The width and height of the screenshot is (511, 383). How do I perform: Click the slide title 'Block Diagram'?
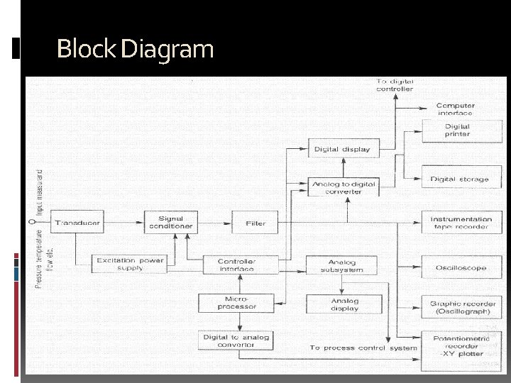(x=135, y=50)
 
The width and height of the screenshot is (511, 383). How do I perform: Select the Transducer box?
(x=78, y=223)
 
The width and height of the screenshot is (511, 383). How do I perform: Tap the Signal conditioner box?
(x=170, y=222)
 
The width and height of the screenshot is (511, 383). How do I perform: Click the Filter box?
(x=255, y=223)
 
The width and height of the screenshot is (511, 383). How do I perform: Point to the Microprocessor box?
(x=236, y=303)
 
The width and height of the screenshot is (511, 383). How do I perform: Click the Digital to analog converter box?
(x=236, y=340)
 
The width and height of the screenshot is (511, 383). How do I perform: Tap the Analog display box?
(x=345, y=304)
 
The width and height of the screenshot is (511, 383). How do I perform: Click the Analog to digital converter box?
(x=344, y=187)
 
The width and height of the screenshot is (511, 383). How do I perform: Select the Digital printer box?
(x=458, y=130)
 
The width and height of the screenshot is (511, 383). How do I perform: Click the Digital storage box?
(x=460, y=179)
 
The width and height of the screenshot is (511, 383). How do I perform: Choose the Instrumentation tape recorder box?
(x=461, y=223)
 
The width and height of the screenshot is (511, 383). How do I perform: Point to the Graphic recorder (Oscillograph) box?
(x=463, y=307)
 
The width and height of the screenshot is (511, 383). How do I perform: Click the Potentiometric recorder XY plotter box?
(x=462, y=346)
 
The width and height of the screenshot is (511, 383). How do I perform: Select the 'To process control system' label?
(x=363, y=348)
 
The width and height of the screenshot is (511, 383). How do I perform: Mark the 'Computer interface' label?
(x=456, y=109)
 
